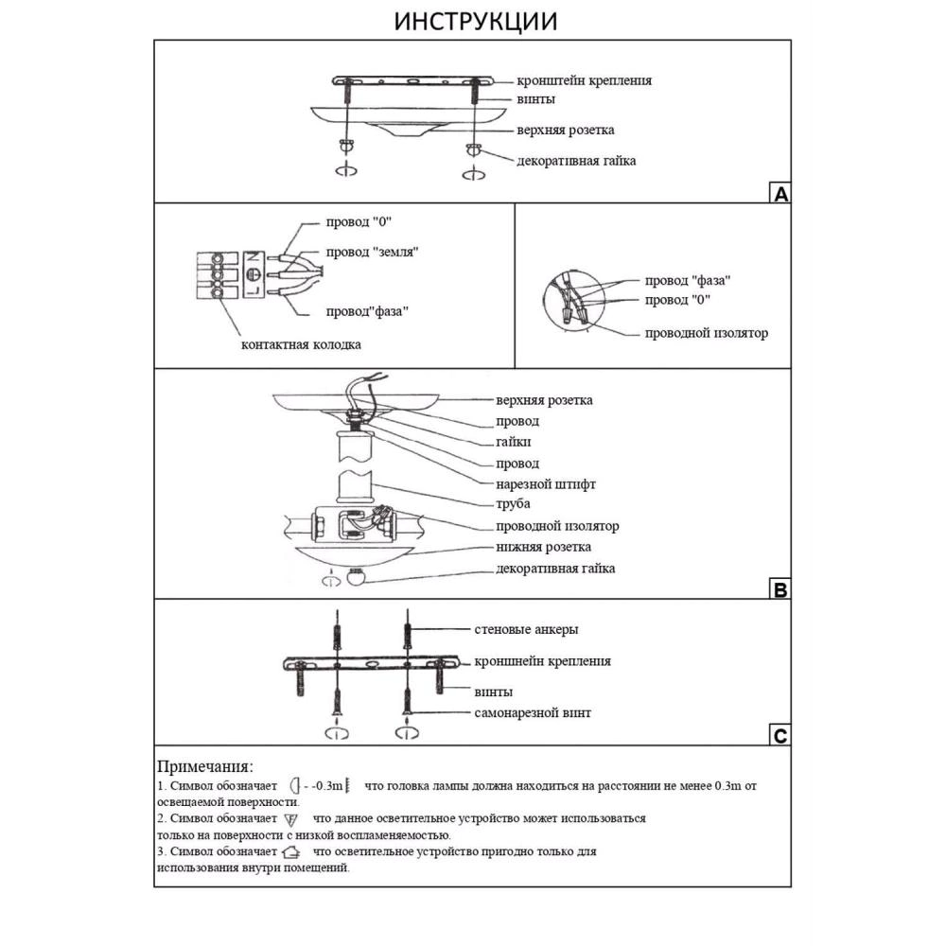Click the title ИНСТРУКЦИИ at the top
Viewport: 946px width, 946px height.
point(475,21)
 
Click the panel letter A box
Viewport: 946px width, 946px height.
point(780,194)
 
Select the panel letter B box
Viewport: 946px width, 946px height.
point(780,590)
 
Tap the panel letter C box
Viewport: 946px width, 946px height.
point(780,736)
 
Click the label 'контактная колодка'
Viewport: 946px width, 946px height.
point(301,344)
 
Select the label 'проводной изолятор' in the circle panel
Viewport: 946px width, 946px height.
point(706,333)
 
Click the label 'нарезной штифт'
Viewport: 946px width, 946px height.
point(546,484)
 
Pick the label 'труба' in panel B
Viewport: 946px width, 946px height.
point(513,504)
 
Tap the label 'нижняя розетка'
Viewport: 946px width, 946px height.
point(544,547)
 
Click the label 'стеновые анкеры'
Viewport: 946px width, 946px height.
point(526,629)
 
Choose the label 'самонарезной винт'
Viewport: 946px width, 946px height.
point(533,712)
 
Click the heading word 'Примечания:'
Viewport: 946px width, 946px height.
point(205,766)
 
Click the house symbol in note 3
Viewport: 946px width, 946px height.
point(291,852)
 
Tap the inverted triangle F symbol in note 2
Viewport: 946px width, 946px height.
point(291,819)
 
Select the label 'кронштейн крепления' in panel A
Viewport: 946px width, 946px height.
point(584,80)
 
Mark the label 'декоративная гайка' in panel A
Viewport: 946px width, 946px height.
point(576,161)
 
